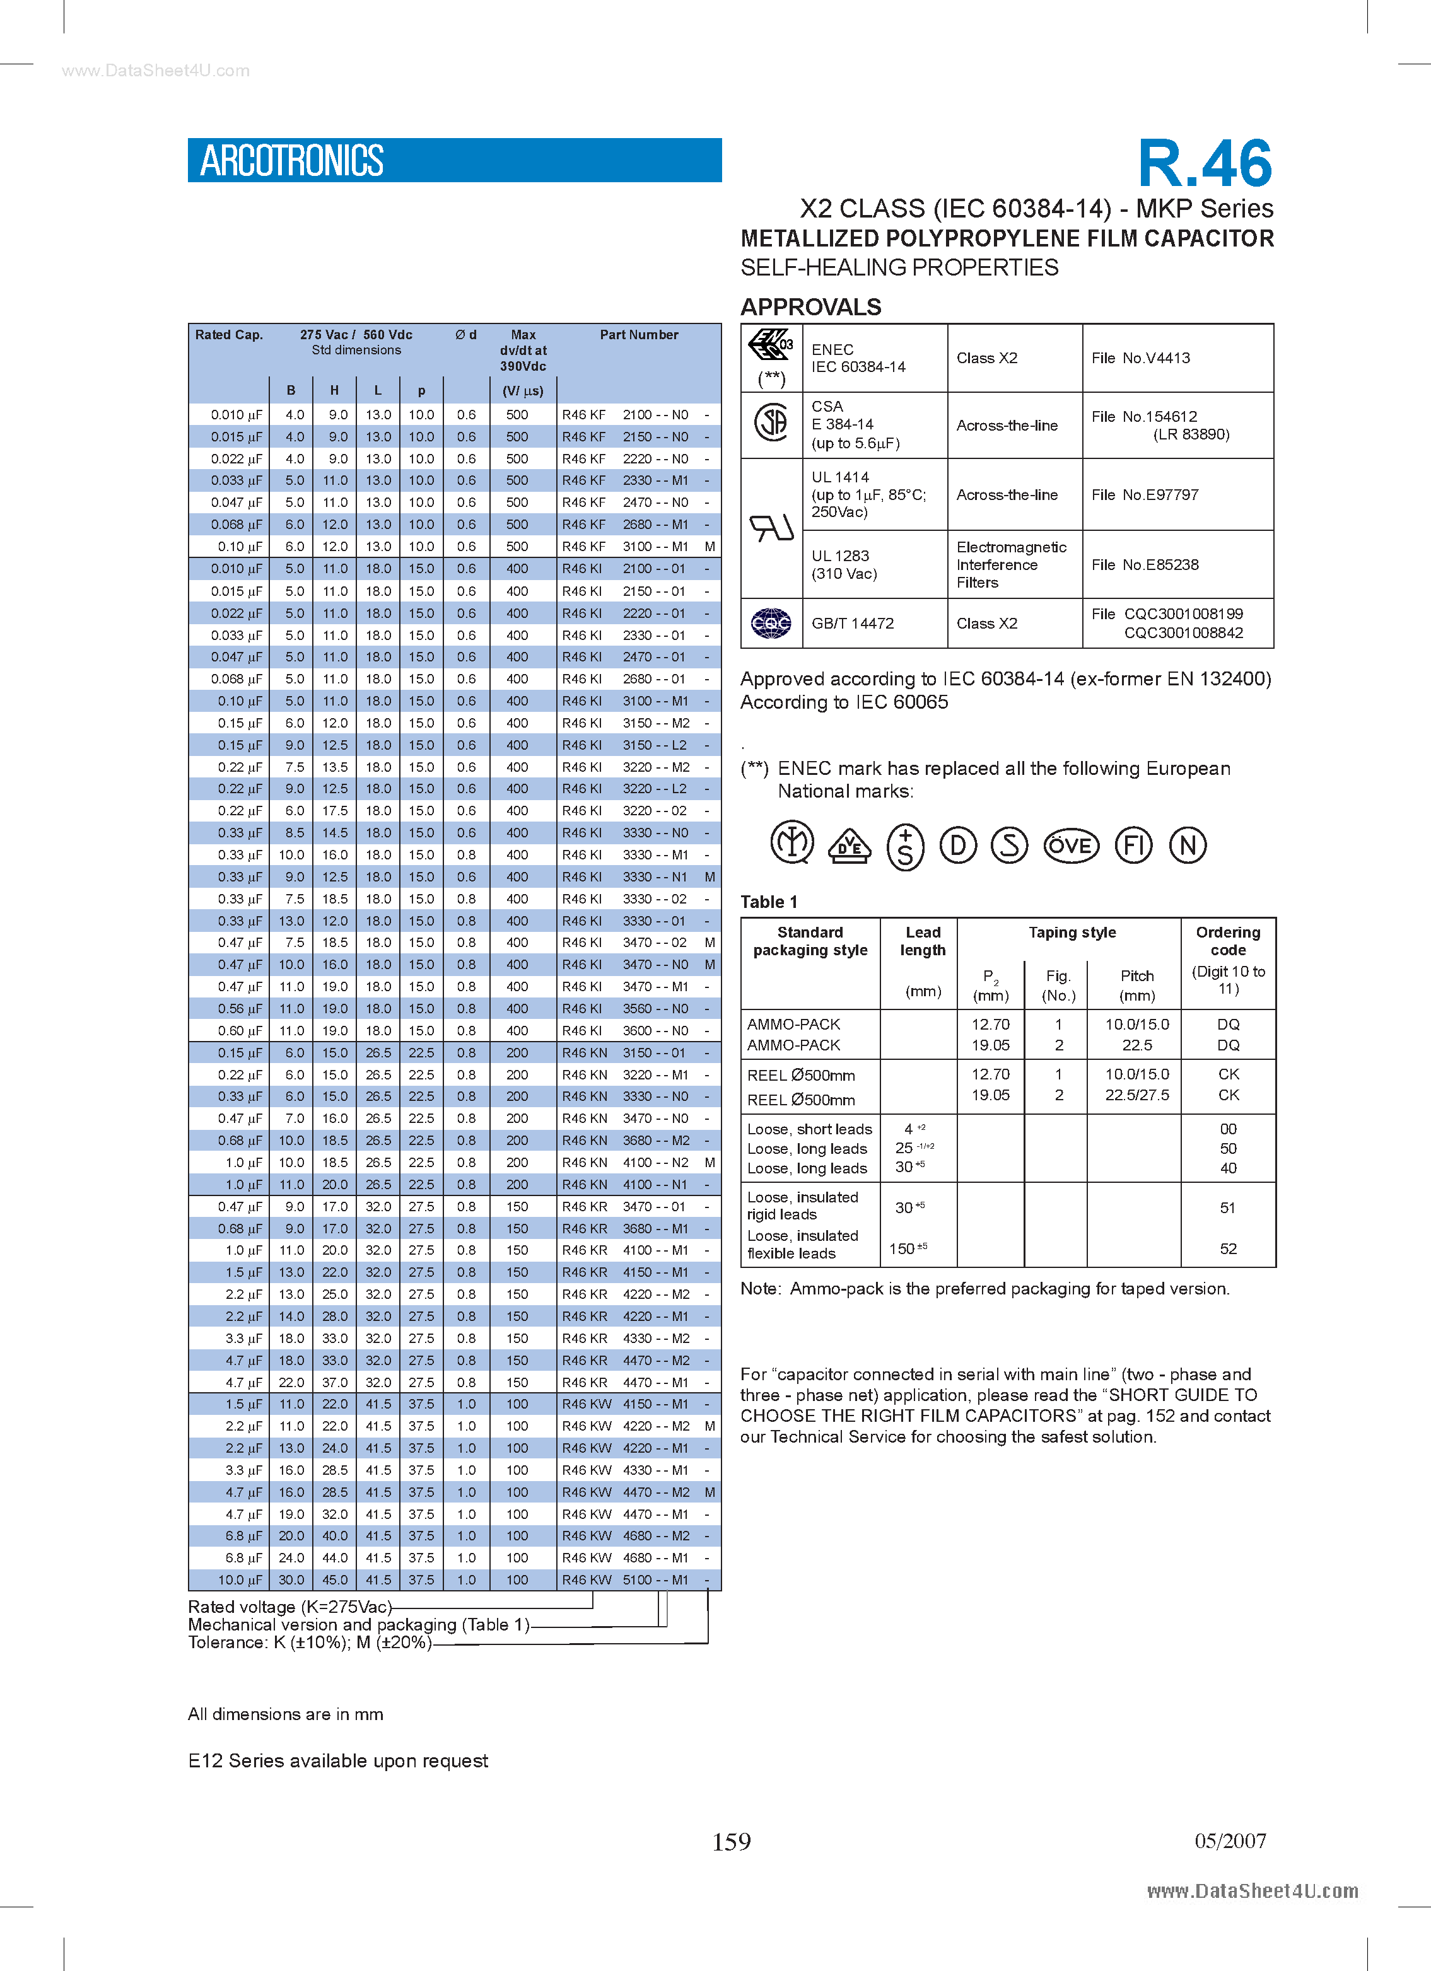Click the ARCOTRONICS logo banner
(454, 160)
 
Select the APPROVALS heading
(810, 307)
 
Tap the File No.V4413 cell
(1141, 358)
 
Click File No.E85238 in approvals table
(1145, 565)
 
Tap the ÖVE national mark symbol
(1070, 846)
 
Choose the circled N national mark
(1187, 845)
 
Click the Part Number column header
(639, 335)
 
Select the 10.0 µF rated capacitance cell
(236, 1580)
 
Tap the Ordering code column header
(1227, 941)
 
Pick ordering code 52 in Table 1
(1227, 1249)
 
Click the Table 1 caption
(769, 902)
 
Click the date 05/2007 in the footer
(1229, 1840)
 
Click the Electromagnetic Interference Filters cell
(1011, 565)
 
